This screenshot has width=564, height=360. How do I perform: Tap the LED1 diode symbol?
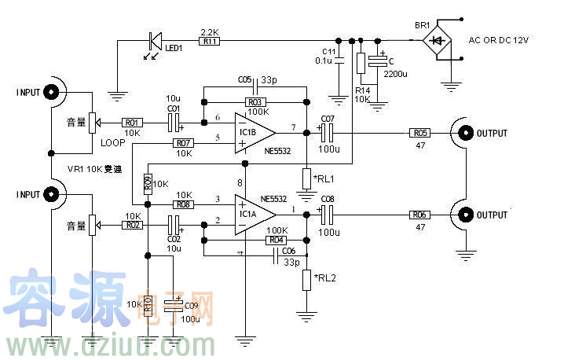[x=156, y=40]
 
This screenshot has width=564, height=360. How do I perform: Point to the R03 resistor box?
[x=255, y=102]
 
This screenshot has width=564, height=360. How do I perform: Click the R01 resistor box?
[x=131, y=123]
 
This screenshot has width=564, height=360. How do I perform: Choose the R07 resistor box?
[x=184, y=143]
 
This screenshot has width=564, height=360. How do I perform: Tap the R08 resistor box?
[x=184, y=204]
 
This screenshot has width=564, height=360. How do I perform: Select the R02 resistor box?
[x=131, y=225]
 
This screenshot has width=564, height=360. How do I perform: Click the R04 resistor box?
[x=275, y=240]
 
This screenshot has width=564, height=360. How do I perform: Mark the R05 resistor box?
[x=420, y=133]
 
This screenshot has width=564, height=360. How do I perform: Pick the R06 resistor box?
[x=420, y=215]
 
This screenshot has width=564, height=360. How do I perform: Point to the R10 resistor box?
[x=147, y=304]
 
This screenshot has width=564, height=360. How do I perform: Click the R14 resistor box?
[x=361, y=64]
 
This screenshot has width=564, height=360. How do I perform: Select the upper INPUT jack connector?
[x=53, y=92]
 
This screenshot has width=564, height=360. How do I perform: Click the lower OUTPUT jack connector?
[x=465, y=215]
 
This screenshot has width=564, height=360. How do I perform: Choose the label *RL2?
[x=324, y=277]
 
